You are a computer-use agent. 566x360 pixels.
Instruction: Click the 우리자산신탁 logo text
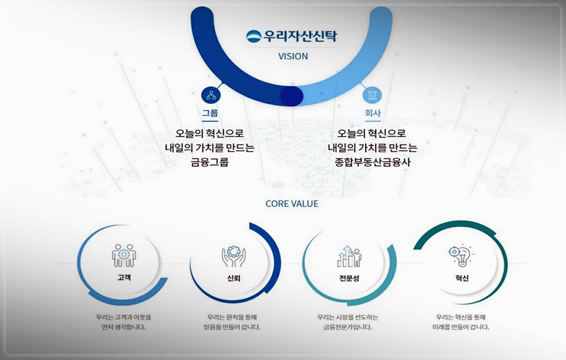(300, 37)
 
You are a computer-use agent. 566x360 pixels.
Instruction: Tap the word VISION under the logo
(293, 57)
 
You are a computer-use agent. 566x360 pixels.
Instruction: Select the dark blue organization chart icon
(211, 95)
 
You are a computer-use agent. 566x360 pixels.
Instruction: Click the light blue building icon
(372, 95)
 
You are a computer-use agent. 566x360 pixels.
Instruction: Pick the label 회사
(372, 113)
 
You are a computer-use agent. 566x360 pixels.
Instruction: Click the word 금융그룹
(209, 162)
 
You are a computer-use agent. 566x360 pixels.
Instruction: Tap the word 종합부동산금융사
(372, 162)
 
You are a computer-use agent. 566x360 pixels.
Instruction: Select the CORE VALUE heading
(292, 204)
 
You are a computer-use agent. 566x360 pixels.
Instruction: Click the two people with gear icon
(123, 256)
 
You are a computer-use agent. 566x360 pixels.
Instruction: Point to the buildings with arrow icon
(349, 256)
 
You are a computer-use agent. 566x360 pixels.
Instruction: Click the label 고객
(123, 278)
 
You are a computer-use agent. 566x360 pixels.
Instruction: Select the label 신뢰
(234, 278)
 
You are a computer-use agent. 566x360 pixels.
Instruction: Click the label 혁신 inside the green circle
(462, 278)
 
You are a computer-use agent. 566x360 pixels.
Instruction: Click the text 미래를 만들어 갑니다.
(461, 327)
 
